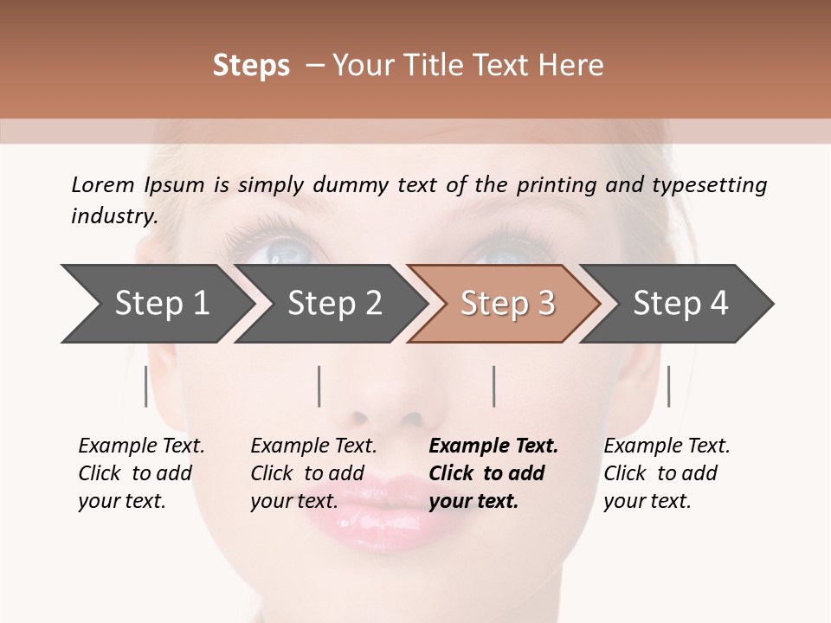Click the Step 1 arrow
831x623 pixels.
point(156,304)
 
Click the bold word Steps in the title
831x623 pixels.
point(251,66)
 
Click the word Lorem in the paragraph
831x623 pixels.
point(103,184)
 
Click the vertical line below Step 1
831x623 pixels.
point(145,386)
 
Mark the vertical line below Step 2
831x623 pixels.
point(319,386)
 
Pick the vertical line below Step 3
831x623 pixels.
point(493,386)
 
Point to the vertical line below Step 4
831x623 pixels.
point(668,386)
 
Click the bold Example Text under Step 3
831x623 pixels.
point(493,446)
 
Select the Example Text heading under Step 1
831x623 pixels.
point(141,446)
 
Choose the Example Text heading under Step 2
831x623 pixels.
point(313,446)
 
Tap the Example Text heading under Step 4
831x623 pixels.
point(667,446)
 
